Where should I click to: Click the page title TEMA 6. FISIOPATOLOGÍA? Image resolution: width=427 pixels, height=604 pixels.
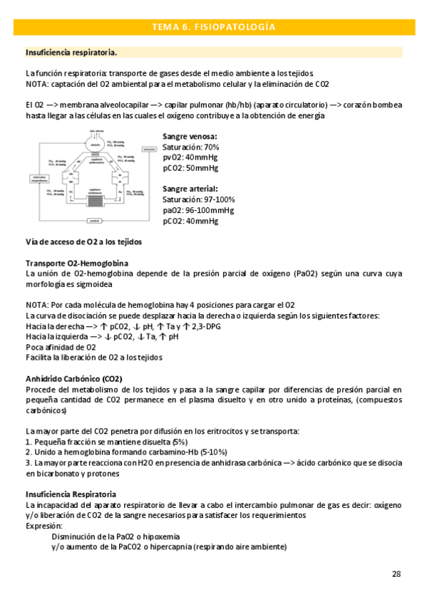click(x=213, y=27)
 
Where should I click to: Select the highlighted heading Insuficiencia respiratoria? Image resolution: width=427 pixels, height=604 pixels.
click(x=71, y=53)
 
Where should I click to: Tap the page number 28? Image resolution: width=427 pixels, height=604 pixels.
click(x=396, y=573)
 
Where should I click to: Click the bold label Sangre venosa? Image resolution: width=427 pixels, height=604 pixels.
click(x=190, y=136)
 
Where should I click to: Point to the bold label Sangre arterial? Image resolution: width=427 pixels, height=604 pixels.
click(x=190, y=189)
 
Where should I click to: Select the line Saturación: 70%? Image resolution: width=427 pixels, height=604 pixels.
click(x=190, y=147)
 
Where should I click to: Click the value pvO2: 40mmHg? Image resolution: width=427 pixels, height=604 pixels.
click(x=190, y=157)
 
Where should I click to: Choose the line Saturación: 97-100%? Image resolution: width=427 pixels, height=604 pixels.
click(x=198, y=199)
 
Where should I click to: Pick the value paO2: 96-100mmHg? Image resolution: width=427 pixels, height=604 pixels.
click(x=197, y=210)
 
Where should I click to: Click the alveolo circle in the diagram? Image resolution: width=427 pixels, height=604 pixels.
click(x=95, y=145)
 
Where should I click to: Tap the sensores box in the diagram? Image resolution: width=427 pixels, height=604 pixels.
click(x=148, y=150)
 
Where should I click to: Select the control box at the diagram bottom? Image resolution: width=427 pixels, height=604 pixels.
click(x=95, y=222)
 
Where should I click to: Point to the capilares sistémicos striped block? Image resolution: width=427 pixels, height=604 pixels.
click(x=95, y=200)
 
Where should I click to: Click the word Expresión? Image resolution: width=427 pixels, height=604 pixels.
click(x=44, y=526)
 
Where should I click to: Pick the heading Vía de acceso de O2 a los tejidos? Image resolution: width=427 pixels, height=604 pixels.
click(x=83, y=241)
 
